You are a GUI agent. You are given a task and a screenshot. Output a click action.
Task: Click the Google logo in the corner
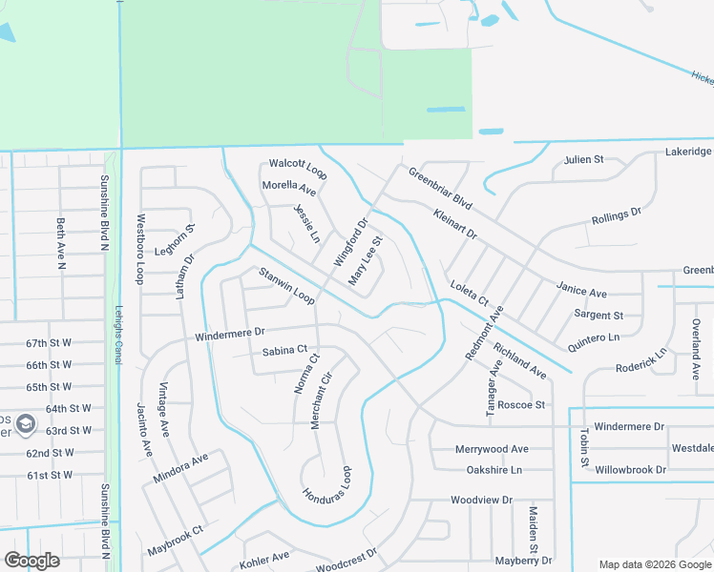pyautogui.click(x=31, y=561)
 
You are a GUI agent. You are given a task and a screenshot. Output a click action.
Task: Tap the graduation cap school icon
pyautogui.click(x=26, y=422)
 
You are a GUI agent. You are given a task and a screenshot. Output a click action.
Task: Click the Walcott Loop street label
pyautogui.click(x=298, y=168)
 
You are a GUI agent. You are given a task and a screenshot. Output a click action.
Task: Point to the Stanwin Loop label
pyautogui.click(x=286, y=287)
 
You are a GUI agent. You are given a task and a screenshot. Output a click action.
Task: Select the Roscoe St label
pyautogui.click(x=521, y=404)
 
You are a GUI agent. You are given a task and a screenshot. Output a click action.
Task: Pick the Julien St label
pyautogui.click(x=583, y=160)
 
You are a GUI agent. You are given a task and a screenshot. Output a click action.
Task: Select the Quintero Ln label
pyautogui.click(x=593, y=337)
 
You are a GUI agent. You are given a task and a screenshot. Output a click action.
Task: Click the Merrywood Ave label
pyautogui.click(x=492, y=449)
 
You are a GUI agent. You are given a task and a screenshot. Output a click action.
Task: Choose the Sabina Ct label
pyautogui.click(x=284, y=352)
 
